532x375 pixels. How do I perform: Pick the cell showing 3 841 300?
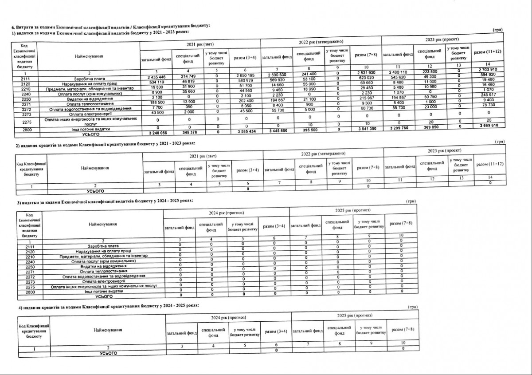tap(366, 129)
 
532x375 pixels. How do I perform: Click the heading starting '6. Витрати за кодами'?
tap(106, 28)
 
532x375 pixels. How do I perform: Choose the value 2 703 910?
tap(488, 70)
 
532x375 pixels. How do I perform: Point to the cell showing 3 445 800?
tap(276, 131)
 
